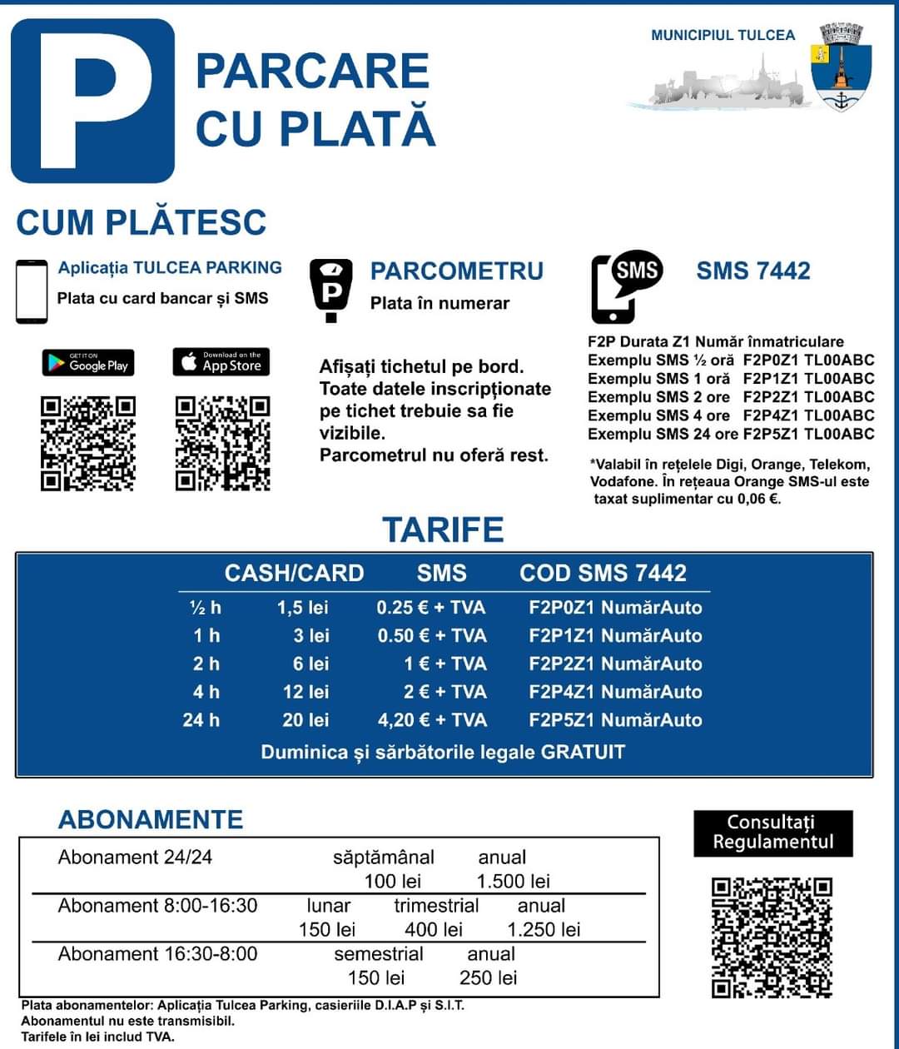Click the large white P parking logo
click(x=92, y=101)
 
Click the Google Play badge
click(x=88, y=363)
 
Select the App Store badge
click(x=221, y=362)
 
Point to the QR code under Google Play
click(x=88, y=444)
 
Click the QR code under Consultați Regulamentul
click(x=772, y=937)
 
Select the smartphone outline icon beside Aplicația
click(x=32, y=291)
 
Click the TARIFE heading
click(x=443, y=530)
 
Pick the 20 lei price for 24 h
click(x=305, y=720)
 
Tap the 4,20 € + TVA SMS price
click(x=431, y=720)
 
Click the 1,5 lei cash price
click(x=303, y=608)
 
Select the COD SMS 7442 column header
click(x=603, y=573)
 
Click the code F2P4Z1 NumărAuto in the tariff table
click(x=615, y=692)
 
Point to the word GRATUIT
click(x=583, y=752)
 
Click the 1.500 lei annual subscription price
click(x=513, y=881)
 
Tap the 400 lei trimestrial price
click(x=433, y=929)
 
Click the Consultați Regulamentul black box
click(x=772, y=833)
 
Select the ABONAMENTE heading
click(x=150, y=819)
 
